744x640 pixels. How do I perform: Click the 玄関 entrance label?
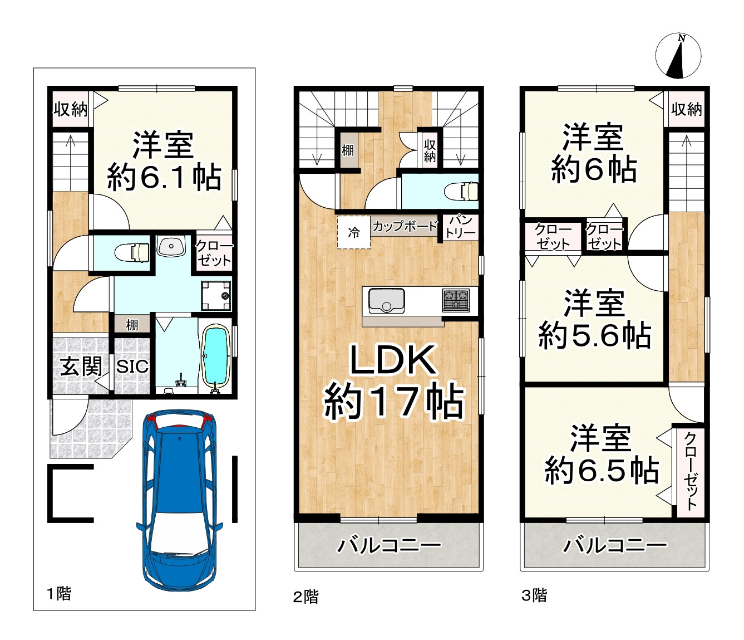[81, 367]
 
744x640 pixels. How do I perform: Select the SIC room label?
[132, 367]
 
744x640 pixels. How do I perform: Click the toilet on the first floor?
[132, 252]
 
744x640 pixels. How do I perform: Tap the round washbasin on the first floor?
[171, 246]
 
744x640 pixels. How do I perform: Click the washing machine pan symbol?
[216, 296]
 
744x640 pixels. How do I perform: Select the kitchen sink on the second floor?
[386, 301]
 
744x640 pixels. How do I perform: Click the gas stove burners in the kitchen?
[456, 301]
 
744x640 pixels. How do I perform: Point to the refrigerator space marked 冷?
[353, 232]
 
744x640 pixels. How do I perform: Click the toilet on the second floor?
[461, 190]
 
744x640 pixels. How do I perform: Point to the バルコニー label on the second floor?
[389, 545]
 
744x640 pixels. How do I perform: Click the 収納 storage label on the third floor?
[687, 109]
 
